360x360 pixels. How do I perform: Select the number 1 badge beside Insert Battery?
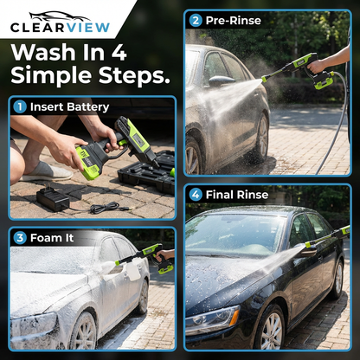(x=19, y=107)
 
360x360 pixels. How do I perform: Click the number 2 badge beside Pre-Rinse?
(x=196, y=20)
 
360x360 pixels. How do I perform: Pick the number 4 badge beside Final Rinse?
(x=196, y=195)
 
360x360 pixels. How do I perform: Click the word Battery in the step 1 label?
(x=90, y=107)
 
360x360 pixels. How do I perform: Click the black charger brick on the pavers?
(x=53, y=198)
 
